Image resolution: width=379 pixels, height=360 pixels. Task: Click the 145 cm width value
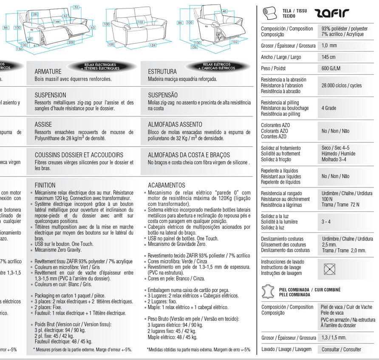[328, 57]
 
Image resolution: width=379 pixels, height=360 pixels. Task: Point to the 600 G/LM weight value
[331, 68]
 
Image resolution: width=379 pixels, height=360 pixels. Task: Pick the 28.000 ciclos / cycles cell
[342, 85]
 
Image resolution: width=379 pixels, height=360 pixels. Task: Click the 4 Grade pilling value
[329, 108]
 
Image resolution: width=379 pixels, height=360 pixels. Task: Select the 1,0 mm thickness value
[329, 45]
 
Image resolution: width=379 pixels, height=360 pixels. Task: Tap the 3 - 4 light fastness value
[326, 222]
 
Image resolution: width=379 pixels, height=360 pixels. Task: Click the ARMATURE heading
[48, 72]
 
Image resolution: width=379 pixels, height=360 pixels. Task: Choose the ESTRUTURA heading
[162, 72]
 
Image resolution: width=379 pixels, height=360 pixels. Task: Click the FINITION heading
[45, 185]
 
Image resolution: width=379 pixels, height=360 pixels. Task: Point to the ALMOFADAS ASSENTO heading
[175, 125]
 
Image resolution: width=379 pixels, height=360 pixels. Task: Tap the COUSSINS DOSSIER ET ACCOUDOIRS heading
[79, 155]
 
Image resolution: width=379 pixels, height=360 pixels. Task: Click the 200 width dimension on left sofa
[71, 43]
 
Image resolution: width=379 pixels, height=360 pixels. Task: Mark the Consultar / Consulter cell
[341, 349]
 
